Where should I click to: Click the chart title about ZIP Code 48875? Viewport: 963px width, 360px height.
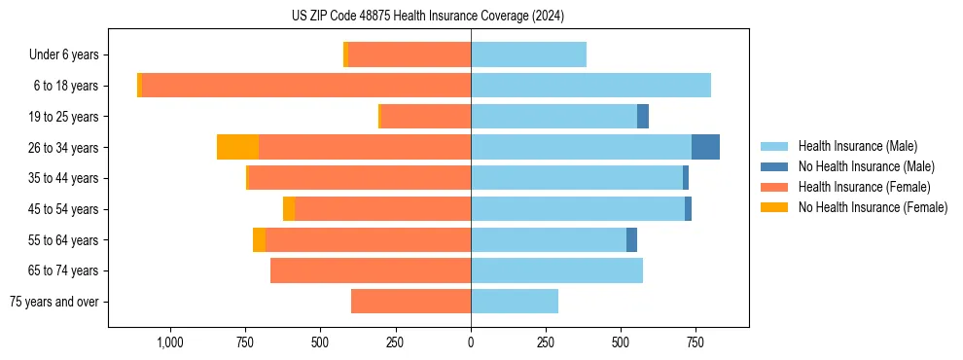pos(427,16)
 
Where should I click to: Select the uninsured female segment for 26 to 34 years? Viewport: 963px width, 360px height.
pos(237,147)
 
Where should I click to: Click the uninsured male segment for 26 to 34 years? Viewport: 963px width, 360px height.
pos(705,147)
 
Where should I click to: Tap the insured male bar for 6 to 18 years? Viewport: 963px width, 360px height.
pos(590,86)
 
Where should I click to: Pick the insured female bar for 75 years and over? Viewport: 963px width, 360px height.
pos(410,302)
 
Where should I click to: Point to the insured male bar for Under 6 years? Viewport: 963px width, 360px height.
pos(528,54)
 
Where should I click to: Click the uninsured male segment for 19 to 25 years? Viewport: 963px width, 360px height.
pos(643,117)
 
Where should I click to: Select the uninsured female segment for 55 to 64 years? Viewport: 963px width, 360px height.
pos(259,240)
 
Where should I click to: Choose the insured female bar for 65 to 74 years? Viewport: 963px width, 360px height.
pos(371,270)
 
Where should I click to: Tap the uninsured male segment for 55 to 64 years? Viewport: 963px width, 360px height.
pos(631,240)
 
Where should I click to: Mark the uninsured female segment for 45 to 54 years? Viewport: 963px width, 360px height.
pos(289,209)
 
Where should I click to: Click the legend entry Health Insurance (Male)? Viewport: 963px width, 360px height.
pos(857,146)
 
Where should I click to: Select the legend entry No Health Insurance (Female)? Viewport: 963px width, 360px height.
pos(873,207)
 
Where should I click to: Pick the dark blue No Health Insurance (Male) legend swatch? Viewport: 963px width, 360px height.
pos(774,166)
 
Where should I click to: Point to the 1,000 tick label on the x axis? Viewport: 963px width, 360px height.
pos(169,342)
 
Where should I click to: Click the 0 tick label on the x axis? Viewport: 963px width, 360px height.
pos(471,342)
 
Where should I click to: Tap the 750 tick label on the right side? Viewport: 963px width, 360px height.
pos(695,342)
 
